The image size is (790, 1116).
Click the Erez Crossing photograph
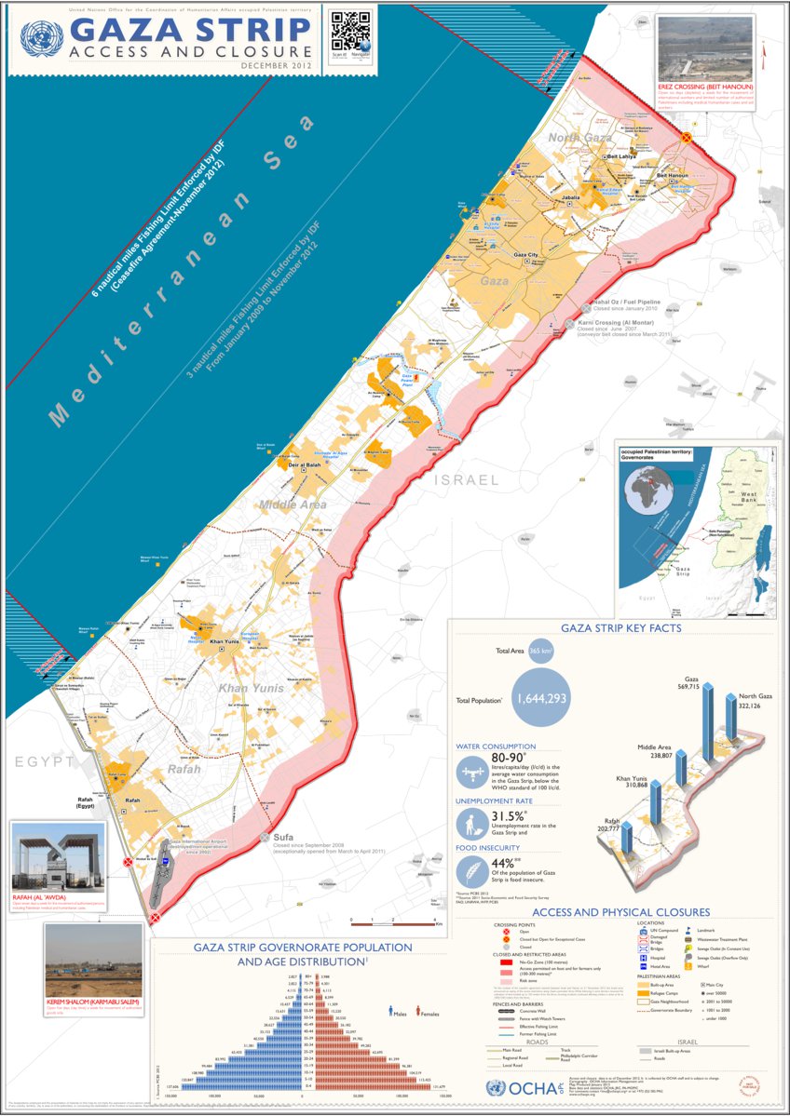[704, 47]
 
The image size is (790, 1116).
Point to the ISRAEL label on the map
[465, 480]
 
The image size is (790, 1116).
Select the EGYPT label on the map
[43, 762]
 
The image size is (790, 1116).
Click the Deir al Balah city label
[305, 464]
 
